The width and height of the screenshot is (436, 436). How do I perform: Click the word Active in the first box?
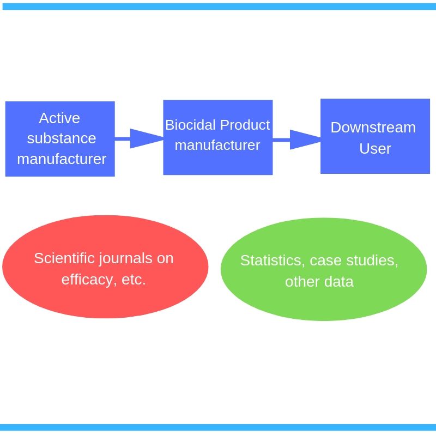59,118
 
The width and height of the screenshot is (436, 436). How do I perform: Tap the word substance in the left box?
62,138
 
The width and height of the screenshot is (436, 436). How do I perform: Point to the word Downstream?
373,128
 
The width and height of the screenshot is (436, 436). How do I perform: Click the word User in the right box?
375,149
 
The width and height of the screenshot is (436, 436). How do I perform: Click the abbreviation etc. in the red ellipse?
133,280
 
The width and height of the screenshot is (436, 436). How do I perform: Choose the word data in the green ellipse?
339,282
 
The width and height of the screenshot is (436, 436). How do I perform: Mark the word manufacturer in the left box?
62,159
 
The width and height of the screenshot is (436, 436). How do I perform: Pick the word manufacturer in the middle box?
217,146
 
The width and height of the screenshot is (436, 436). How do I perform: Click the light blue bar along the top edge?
218,6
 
